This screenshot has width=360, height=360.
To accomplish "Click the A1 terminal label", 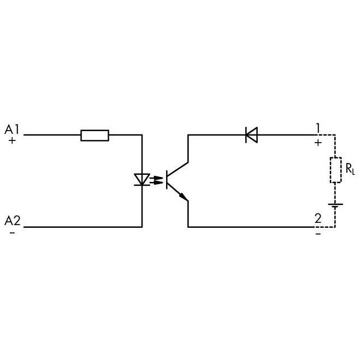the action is pos(12,129).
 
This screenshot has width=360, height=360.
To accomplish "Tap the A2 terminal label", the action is pos(13,221).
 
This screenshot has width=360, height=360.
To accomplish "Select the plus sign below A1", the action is pos(12,140).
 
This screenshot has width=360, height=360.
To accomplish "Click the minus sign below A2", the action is pos(13,233).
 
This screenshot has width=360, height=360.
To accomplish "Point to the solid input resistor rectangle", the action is pos(95,135).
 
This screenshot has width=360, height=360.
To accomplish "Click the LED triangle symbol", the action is pos(142,180).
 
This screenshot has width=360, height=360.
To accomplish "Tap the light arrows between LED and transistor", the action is pos(156,180).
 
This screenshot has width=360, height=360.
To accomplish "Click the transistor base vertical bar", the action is pos(167,180).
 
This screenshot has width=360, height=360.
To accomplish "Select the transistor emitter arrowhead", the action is pos(184,197).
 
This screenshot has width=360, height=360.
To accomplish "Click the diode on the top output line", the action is pos(252,135).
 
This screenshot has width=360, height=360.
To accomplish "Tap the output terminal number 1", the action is pos(318,128).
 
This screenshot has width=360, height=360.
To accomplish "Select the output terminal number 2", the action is pos(318,219).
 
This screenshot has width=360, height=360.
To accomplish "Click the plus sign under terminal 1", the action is pos(318,143).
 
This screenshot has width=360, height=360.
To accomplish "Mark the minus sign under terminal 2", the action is pos(318,234).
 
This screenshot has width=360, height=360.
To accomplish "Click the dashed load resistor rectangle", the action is pos(335,170).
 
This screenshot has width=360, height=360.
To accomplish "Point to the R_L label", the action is pos(350,169).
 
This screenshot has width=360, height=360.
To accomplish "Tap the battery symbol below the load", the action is pos(335,205).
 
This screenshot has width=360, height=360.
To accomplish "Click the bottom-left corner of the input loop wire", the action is pos(142,227).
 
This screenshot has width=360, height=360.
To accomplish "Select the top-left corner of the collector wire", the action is pos(188,135).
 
